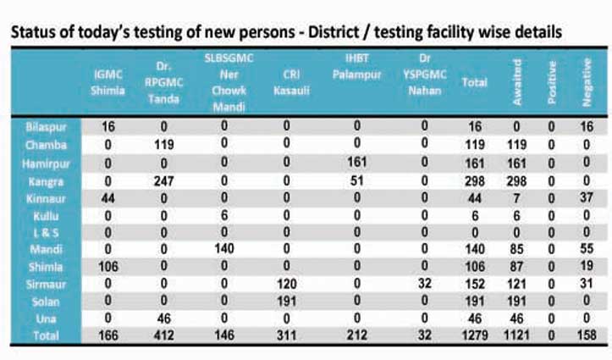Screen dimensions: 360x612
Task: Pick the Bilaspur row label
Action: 48,125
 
